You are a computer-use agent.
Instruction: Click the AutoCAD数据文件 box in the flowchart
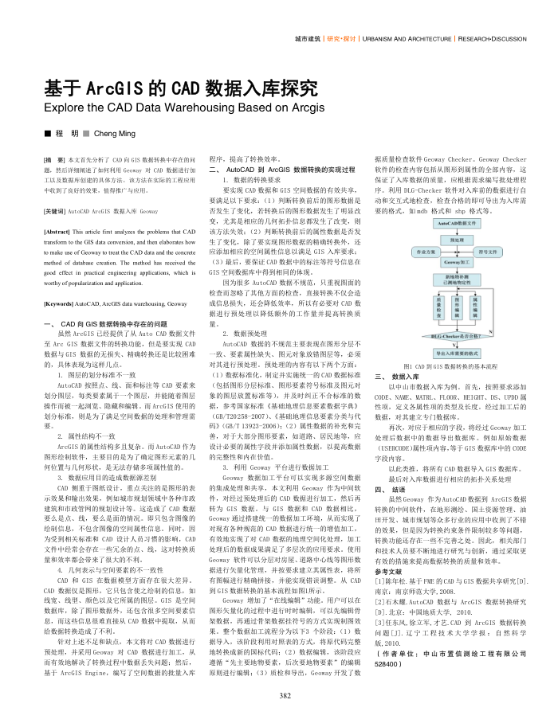(457, 224)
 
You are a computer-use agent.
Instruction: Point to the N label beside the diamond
(490, 330)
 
